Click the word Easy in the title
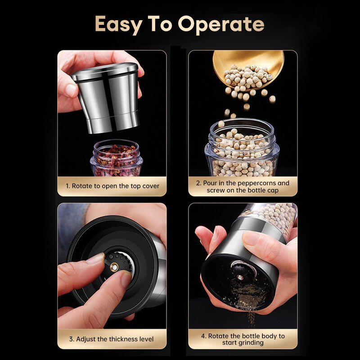(119, 25)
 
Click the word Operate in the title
(221, 25)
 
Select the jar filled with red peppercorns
(116, 158)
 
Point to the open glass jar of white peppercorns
(242, 148)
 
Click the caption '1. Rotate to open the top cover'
(112, 186)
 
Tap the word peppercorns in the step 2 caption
(256, 183)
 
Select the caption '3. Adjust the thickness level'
(111, 339)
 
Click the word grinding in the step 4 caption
(251, 343)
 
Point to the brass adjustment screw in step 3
(114, 267)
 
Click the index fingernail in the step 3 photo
(95, 259)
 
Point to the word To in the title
(160, 24)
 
